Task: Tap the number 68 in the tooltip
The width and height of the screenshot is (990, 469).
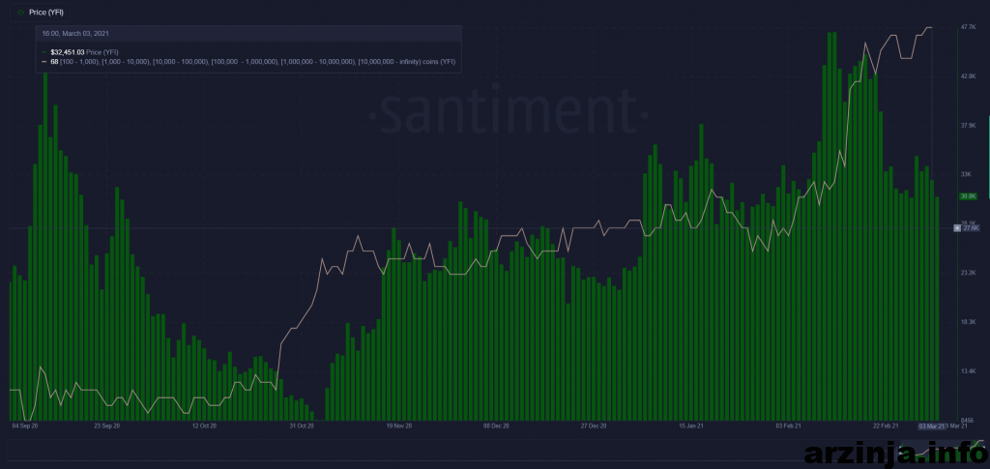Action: [x=54, y=61]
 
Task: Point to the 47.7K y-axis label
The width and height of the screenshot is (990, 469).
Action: [x=967, y=28]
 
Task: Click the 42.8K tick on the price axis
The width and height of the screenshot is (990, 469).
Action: [x=967, y=75]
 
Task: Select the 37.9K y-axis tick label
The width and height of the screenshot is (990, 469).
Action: [x=967, y=125]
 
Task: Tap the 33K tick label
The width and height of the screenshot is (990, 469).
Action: [x=965, y=174]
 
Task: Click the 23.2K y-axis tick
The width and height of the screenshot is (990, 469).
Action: [x=967, y=273]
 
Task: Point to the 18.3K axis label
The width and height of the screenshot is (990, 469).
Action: [x=967, y=322]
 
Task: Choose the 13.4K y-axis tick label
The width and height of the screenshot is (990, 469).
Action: [x=967, y=371]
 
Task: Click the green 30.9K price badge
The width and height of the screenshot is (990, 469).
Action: [x=967, y=196]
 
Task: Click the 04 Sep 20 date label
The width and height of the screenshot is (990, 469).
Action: [x=24, y=425]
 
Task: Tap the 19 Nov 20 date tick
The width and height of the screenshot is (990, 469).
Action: [x=398, y=425]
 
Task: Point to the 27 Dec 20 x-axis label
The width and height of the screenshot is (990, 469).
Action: [x=594, y=425]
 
